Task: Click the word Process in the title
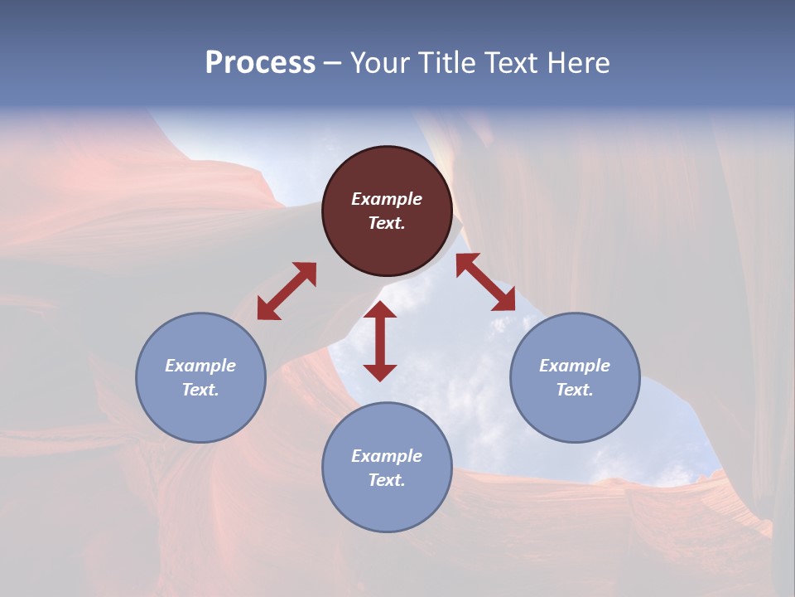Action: [260, 63]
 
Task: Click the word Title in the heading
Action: [446, 63]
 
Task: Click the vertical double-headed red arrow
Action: [380, 341]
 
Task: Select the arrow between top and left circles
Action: [287, 291]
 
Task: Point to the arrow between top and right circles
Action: [486, 283]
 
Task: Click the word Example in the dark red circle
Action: [387, 199]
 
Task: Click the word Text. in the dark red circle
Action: [387, 223]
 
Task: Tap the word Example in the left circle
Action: [200, 366]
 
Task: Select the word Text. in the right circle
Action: [575, 390]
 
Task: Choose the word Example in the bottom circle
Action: [387, 456]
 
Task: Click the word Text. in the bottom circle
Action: [387, 480]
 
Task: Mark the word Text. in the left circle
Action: [200, 390]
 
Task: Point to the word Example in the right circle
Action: [575, 366]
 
